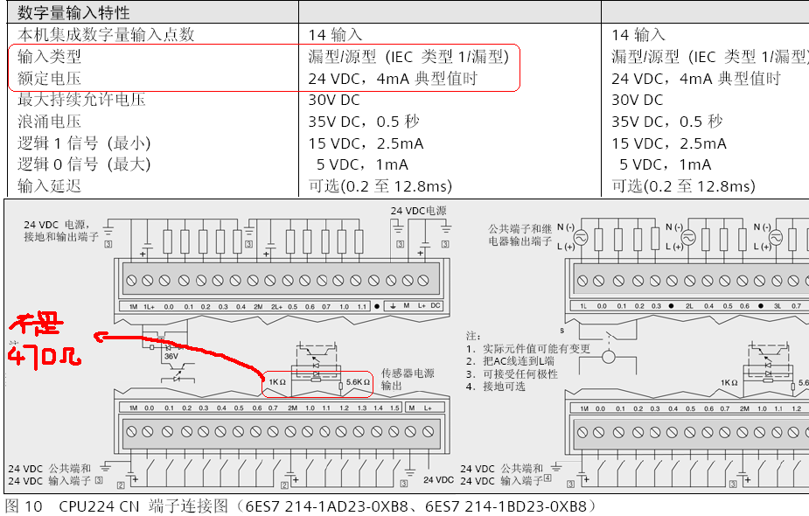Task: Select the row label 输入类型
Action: (49, 57)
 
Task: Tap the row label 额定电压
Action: (49, 79)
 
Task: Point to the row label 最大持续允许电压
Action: (81, 100)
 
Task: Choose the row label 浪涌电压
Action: (49, 122)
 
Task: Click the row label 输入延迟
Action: (49, 185)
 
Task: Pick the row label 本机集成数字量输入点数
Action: (106, 35)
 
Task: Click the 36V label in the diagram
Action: (171, 356)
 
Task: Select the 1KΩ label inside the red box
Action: (277, 382)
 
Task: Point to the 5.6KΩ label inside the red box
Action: (359, 382)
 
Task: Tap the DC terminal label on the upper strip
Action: (436, 306)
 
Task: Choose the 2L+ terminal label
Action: (276, 306)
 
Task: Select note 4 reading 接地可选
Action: (502, 386)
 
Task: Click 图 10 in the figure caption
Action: (24, 506)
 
